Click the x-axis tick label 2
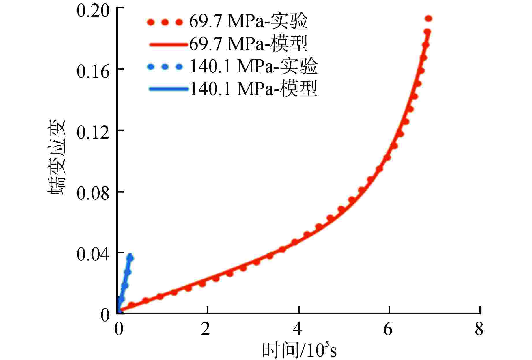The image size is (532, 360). point(206,329)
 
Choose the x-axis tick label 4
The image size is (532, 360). point(297,329)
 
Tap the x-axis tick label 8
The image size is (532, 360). point(479,329)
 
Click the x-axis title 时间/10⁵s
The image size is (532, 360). point(299,350)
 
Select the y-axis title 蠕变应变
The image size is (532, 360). point(57,157)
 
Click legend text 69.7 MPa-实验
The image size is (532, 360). point(248,22)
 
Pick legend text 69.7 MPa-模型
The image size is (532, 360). point(248,44)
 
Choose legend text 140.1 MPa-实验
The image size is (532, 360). point(253,66)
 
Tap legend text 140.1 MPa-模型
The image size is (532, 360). point(253,89)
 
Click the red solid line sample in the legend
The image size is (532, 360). point(168,44)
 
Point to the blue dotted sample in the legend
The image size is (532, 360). point(165,67)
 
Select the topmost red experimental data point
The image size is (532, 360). point(428,19)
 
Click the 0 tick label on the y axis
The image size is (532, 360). point(105,316)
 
